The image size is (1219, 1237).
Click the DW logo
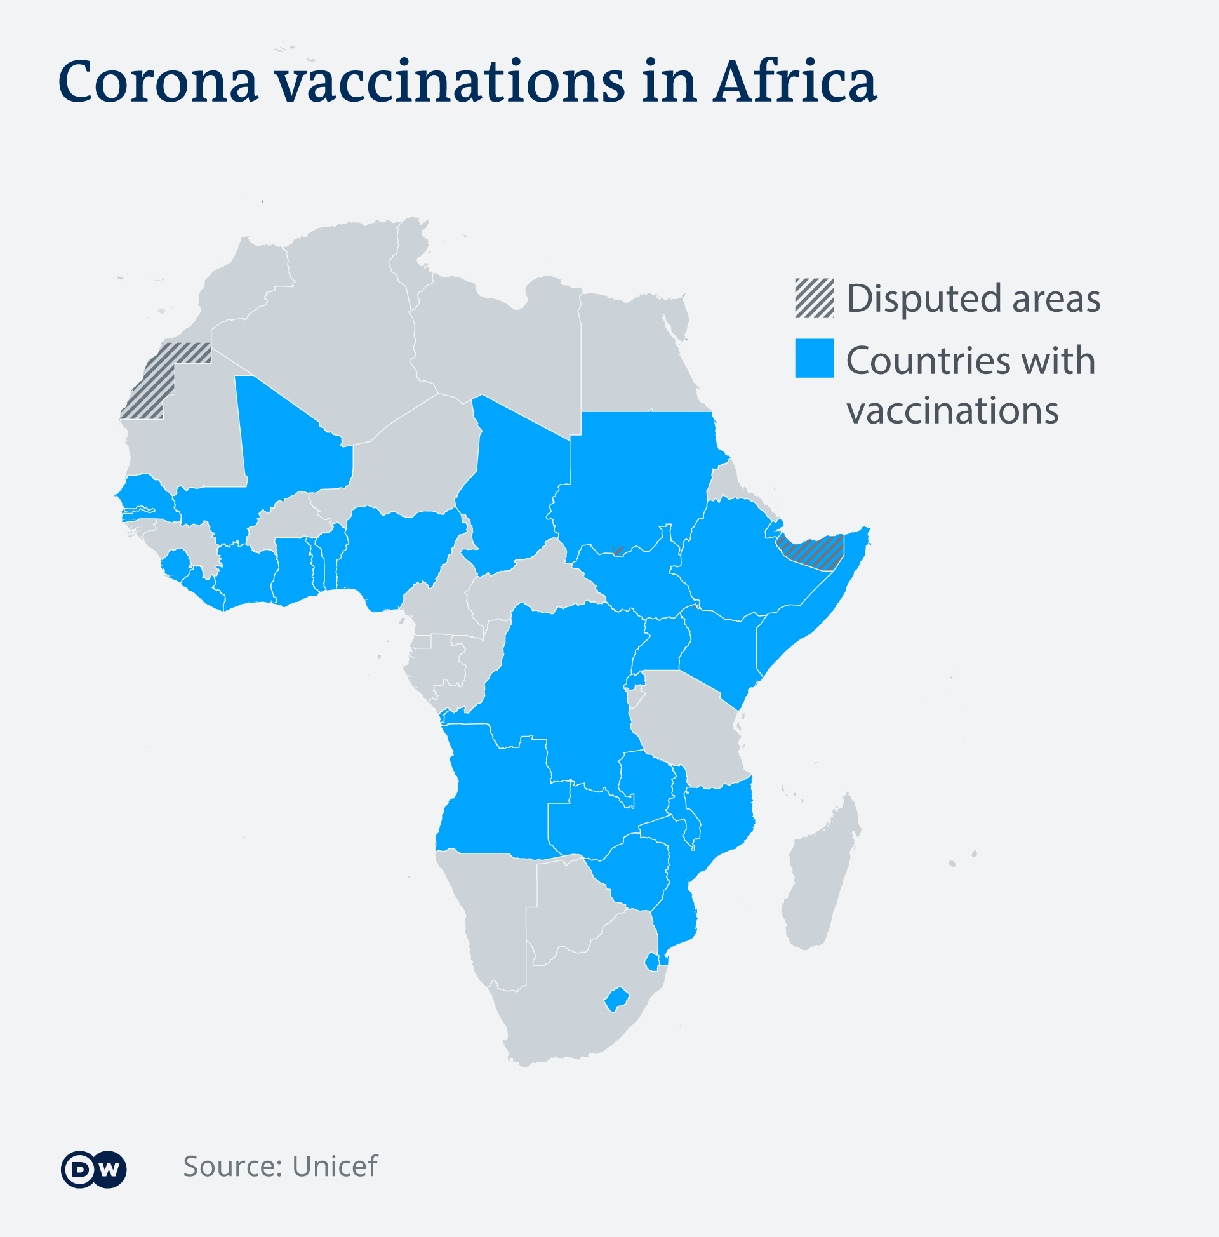[93, 1170]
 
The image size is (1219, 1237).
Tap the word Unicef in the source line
[334, 1167]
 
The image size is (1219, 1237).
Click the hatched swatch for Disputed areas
[814, 298]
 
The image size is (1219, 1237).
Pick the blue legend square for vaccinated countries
[814, 359]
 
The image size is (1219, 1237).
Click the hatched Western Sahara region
[157, 381]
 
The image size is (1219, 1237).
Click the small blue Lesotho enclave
[617, 999]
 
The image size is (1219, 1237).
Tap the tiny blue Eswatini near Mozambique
[652, 962]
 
